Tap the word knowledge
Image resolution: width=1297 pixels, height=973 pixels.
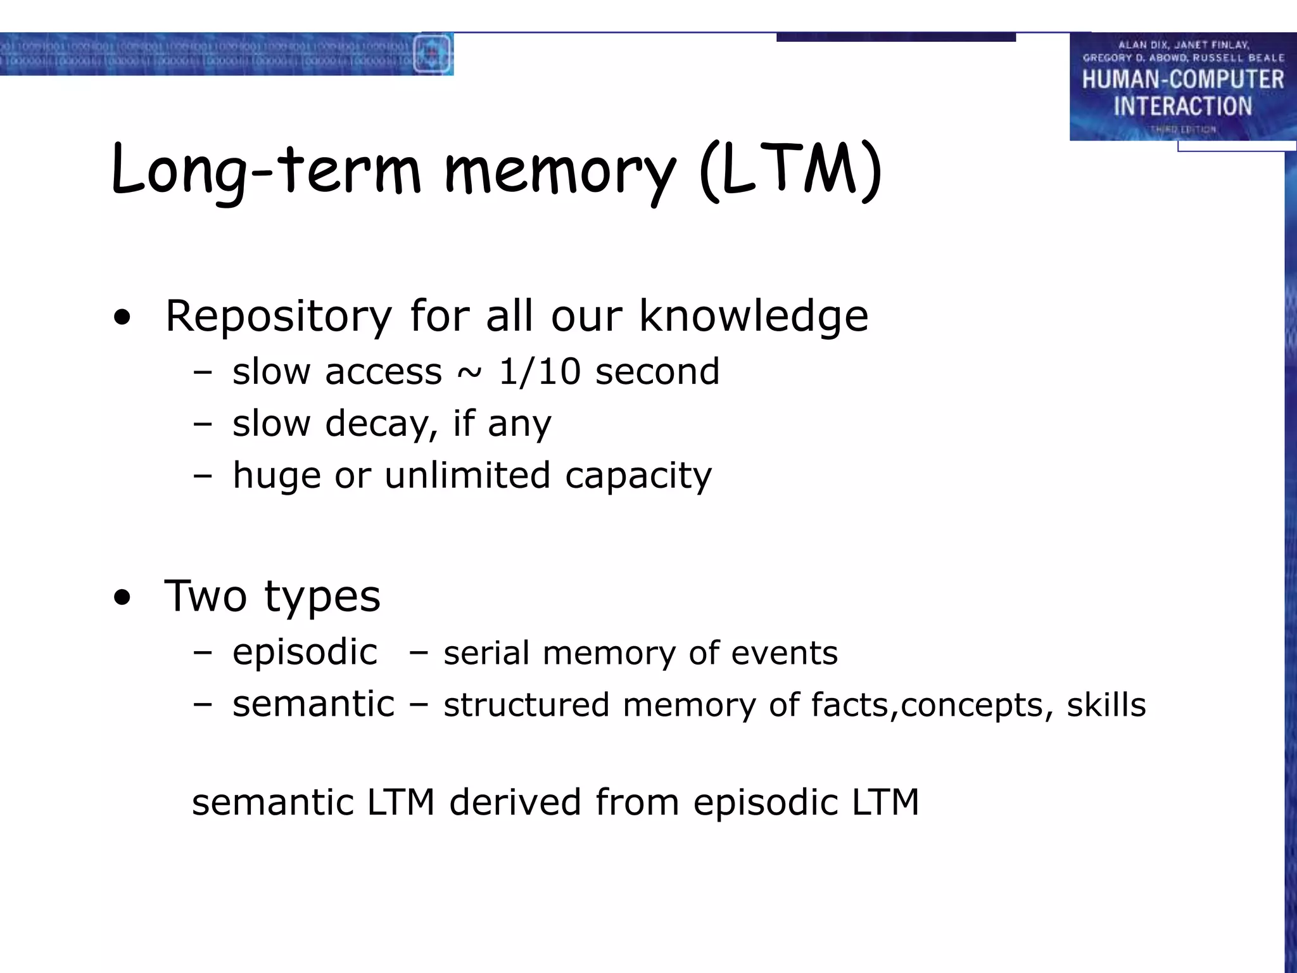click(753, 316)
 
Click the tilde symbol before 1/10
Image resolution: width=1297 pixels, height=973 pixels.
click(469, 372)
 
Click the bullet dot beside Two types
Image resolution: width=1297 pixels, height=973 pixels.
click(122, 597)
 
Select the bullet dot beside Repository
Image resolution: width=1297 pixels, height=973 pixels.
click(122, 317)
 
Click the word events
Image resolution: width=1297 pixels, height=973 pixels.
click(784, 653)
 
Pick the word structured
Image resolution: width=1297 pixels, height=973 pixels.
click(526, 705)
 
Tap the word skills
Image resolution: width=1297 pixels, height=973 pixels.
click(1106, 705)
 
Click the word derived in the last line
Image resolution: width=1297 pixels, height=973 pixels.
click(515, 802)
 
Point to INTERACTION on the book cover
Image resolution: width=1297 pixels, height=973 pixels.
click(1182, 106)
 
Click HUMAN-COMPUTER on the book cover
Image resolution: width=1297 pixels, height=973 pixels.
click(1182, 80)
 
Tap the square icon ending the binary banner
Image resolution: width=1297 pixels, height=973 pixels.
click(433, 54)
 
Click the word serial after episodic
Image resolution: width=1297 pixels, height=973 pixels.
click(486, 653)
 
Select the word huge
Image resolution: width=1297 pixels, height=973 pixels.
click(277, 476)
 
